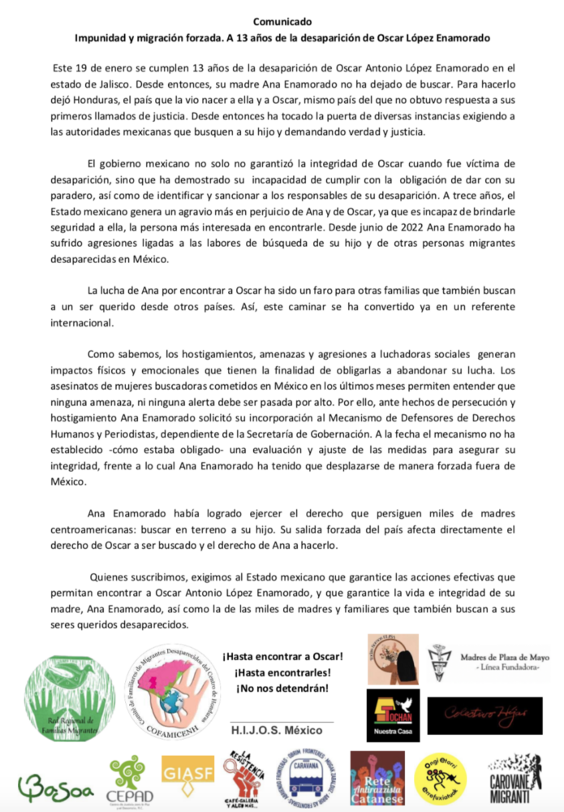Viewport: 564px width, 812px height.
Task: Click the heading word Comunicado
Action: click(x=282, y=22)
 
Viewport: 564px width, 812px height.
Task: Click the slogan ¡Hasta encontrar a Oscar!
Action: click(x=282, y=655)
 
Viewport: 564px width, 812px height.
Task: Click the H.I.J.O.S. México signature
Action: click(x=282, y=731)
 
